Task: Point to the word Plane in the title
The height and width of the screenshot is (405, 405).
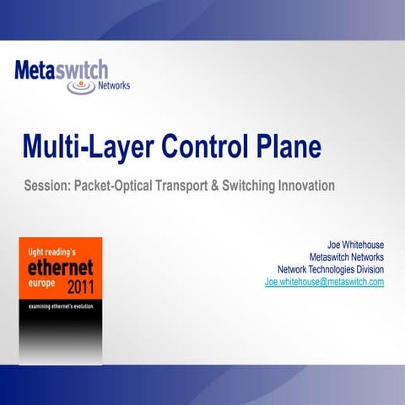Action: [x=286, y=146]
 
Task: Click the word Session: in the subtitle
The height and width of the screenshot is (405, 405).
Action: [x=47, y=185]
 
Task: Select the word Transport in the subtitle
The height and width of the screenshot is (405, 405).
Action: [x=186, y=185]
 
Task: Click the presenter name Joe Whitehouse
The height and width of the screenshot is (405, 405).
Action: [x=355, y=246]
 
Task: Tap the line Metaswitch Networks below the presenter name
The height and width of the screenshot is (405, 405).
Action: [x=347, y=257]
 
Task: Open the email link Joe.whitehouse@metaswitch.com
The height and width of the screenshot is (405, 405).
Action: [x=325, y=282]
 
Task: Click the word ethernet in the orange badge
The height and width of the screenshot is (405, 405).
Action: [x=59, y=268]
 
